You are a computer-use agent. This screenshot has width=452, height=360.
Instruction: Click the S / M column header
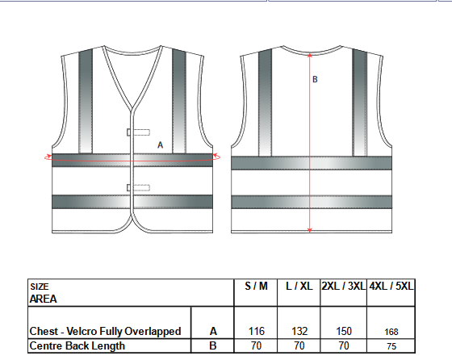256,287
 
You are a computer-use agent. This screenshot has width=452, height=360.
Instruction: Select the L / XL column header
299,287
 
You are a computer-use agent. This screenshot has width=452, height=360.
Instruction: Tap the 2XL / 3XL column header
343,287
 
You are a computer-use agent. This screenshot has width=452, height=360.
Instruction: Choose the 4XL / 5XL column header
391,287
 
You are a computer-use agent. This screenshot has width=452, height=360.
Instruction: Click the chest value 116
257,331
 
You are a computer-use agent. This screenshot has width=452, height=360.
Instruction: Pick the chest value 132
299,331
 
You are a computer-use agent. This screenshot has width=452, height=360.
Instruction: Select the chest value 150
344,331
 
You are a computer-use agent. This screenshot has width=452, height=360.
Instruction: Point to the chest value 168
391,332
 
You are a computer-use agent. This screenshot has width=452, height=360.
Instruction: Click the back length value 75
391,346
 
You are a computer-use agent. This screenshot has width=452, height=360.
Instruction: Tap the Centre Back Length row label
77,345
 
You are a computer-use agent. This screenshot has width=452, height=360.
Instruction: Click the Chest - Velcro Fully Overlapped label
105,331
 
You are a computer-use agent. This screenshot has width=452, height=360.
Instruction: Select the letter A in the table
213,332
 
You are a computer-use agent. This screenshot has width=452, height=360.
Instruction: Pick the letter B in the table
213,345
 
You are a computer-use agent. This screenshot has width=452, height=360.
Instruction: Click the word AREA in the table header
44,299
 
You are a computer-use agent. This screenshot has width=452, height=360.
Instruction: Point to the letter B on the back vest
315,79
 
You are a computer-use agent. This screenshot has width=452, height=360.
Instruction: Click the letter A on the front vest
161,144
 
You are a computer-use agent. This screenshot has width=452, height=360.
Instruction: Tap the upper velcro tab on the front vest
138,132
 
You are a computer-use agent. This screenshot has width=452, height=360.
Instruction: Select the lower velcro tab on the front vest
138,187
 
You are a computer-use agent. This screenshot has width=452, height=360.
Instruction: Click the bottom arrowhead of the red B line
310,230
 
